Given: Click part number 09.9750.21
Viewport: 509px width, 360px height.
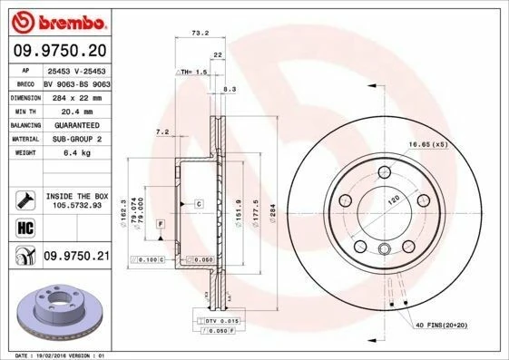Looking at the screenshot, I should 76,258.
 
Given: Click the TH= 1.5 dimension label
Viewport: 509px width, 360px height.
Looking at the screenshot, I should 194,72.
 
